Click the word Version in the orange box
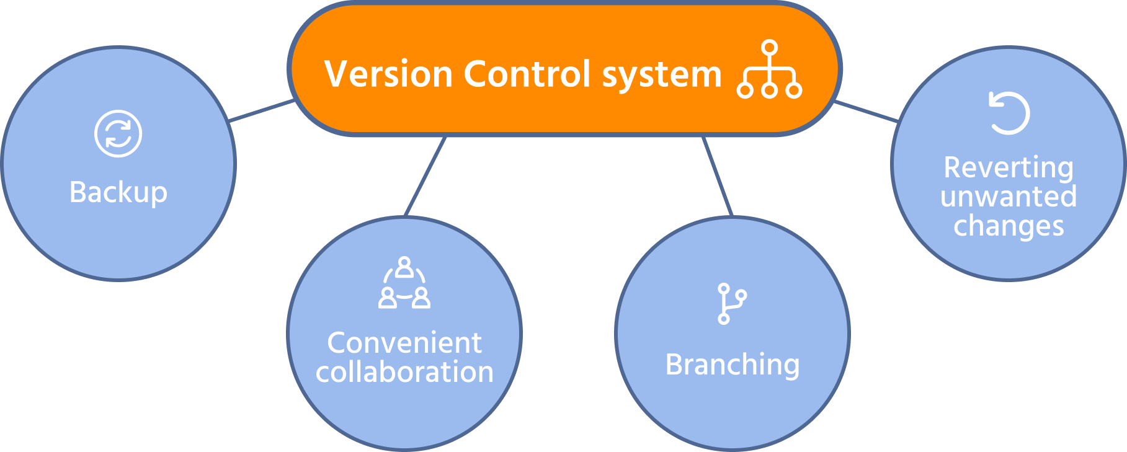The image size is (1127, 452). click(x=388, y=74)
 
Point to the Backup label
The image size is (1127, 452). click(x=118, y=192)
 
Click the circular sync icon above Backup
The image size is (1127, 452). click(x=118, y=133)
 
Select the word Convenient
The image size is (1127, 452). click(x=404, y=343)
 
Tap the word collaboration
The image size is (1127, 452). click(x=404, y=372)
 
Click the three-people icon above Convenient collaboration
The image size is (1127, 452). click(x=404, y=283)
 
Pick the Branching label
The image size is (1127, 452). click(x=733, y=365)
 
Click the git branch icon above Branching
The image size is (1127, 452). click(x=731, y=303)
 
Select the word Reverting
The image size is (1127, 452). click(x=1009, y=167)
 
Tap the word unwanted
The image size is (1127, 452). click(x=1009, y=197)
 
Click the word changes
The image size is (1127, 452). click(x=1009, y=226)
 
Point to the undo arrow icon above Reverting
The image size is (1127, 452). click(x=1009, y=113)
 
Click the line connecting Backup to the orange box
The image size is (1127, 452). click(x=261, y=110)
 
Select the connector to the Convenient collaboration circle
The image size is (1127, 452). click(x=425, y=176)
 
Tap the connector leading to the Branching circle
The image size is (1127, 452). click(x=718, y=176)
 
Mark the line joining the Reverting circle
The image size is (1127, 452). click(x=866, y=111)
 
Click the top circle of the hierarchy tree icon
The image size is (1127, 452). click(x=769, y=48)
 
